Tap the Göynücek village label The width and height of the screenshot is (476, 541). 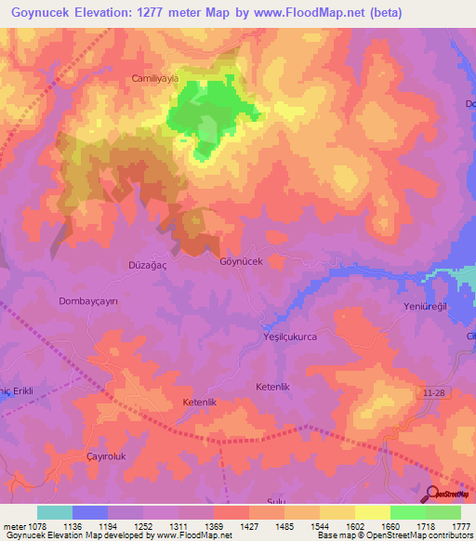[241, 261]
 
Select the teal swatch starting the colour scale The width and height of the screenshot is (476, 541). [55, 512]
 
